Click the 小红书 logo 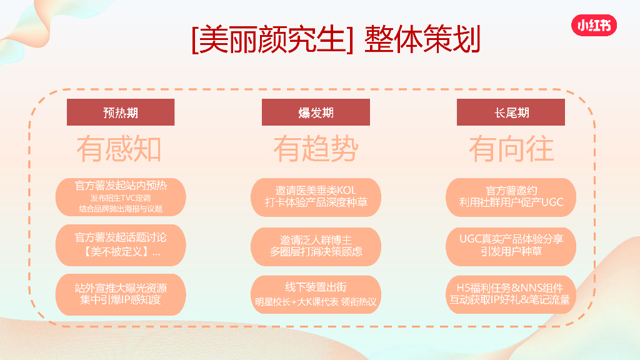click(x=593, y=26)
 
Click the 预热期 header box click(x=121, y=112)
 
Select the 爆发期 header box click(x=316, y=112)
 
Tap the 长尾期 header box click(x=511, y=112)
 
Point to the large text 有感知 click(x=119, y=149)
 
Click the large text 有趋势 click(x=316, y=149)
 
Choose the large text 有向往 click(x=511, y=149)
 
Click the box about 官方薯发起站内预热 click(x=121, y=197)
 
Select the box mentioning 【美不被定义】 click(x=121, y=245)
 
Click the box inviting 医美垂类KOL click(x=316, y=197)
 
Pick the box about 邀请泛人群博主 click(x=316, y=246)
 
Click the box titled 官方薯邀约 click(x=511, y=197)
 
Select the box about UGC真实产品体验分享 click(x=511, y=246)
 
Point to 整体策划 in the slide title click(x=422, y=39)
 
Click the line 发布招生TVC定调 click(x=121, y=198)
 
